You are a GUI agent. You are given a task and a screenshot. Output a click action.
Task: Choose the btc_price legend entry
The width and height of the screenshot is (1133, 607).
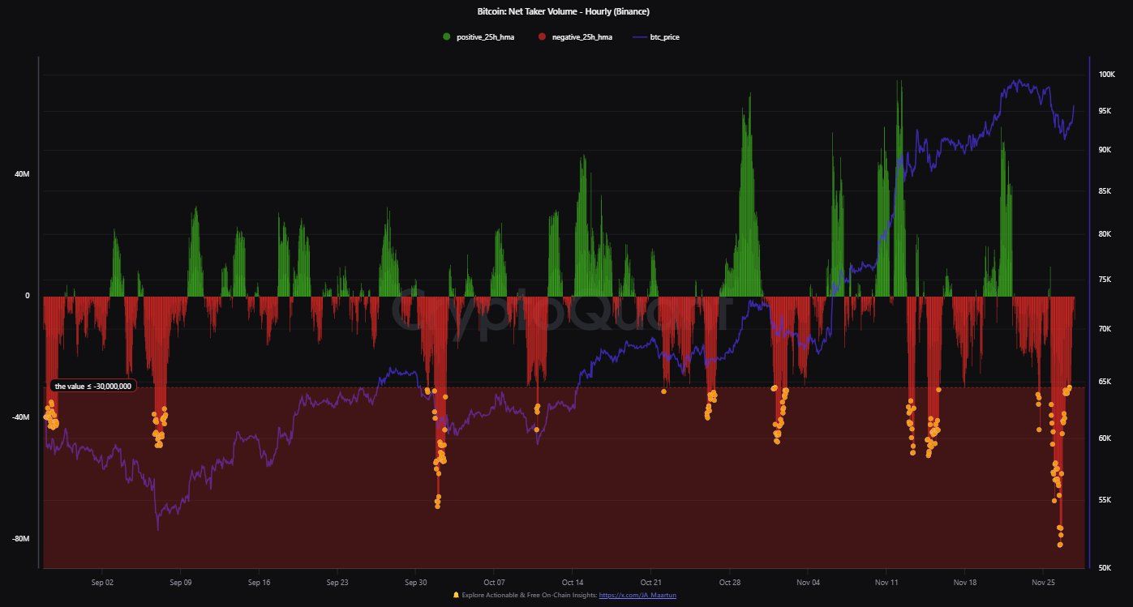(664, 37)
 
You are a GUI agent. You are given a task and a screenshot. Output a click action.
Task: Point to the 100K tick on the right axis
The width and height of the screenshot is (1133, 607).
(1106, 75)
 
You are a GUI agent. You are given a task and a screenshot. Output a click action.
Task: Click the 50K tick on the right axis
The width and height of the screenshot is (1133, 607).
(1105, 568)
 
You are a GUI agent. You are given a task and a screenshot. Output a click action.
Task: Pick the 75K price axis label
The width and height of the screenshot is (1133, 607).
(1105, 280)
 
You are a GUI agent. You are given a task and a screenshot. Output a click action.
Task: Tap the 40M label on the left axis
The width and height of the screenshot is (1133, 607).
(21, 174)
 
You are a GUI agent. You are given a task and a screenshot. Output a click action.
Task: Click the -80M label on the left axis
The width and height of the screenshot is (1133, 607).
(19, 539)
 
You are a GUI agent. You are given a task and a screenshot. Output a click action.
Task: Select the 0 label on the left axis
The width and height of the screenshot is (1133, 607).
(27, 296)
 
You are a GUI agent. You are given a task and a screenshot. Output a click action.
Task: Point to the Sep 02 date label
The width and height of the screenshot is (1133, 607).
(102, 582)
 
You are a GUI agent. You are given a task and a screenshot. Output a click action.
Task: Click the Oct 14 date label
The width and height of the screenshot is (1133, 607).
(573, 582)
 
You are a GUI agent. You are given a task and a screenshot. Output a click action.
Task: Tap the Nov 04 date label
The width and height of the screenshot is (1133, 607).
(808, 582)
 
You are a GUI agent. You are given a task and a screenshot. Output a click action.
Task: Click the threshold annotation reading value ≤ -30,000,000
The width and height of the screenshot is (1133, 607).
(92, 387)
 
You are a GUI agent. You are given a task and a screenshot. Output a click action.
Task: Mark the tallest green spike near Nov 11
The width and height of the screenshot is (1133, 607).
(899, 81)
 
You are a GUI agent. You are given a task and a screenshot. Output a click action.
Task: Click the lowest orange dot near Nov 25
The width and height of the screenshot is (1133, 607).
(1060, 545)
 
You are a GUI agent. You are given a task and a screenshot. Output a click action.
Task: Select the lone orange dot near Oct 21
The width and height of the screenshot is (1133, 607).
(663, 391)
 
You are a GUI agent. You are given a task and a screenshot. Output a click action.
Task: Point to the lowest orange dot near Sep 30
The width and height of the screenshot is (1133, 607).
(437, 506)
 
